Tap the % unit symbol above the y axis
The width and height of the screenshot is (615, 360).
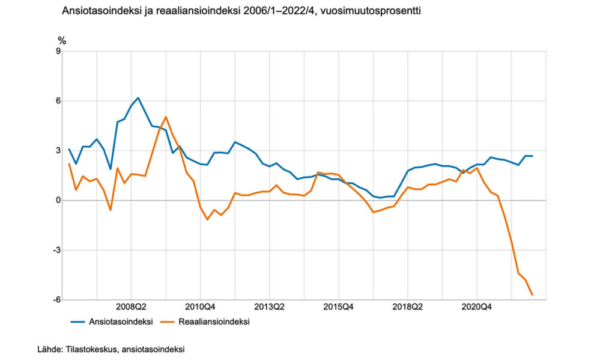(x=61, y=41)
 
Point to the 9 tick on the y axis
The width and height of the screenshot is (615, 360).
(x=58, y=51)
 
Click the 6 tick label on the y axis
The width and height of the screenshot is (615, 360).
(x=58, y=101)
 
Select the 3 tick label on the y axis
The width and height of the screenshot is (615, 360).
(x=58, y=150)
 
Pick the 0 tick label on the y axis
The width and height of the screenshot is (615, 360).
(x=58, y=200)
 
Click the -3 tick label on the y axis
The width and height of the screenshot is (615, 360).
(x=57, y=250)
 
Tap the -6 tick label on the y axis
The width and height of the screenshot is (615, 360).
(x=57, y=300)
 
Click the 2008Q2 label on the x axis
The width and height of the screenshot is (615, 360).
(x=131, y=307)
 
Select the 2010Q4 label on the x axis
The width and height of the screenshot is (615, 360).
(x=200, y=307)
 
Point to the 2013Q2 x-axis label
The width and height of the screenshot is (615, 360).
(x=269, y=307)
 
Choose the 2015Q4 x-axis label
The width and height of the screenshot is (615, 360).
(x=339, y=307)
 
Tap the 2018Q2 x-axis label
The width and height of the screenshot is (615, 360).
(x=408, y=307)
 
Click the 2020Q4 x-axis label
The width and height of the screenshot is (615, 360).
(x=477, y=307)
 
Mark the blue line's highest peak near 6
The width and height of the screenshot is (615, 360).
(x=138, y=97)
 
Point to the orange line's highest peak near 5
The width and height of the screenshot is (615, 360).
(x=166, y=117)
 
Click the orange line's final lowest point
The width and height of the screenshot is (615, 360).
(x=532, y=294)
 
